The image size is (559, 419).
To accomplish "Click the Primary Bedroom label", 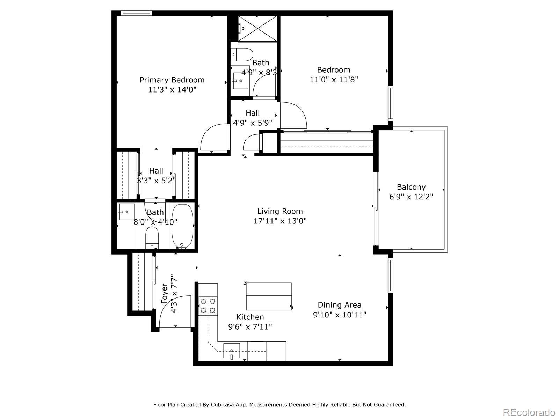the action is coord(172,80).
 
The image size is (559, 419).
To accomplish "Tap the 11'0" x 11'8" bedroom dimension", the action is coord(334,80).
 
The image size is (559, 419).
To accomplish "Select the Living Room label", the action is coord(280,211).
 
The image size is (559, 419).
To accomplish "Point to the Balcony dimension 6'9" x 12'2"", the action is coord(411,197).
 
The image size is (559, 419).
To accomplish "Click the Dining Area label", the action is coord(340,305).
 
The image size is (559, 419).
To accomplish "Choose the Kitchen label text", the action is coord(250,317).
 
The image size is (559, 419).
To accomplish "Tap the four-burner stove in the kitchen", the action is coord(208,306).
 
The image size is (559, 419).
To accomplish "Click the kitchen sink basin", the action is coord(232,351).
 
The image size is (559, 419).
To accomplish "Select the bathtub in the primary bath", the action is coord(182,226).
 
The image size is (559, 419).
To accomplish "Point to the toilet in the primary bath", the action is coord(152,238).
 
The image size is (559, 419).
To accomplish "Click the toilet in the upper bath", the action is coord(242,54).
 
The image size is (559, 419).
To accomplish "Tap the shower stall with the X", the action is coord(257,29).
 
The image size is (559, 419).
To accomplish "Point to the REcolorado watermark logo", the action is coord(529,412).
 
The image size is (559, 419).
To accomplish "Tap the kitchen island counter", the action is coord(269,296).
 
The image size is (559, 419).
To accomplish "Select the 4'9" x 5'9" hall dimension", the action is coord(253,123).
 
